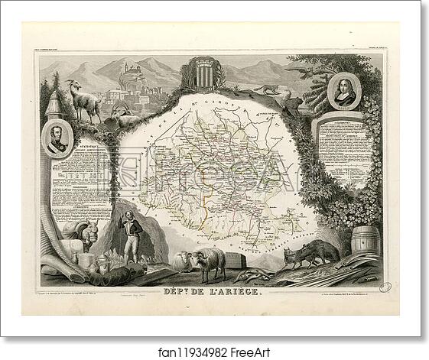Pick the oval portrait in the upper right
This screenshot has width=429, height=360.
tap(343, 92)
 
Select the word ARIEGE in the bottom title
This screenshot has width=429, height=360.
tap(233, 291)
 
